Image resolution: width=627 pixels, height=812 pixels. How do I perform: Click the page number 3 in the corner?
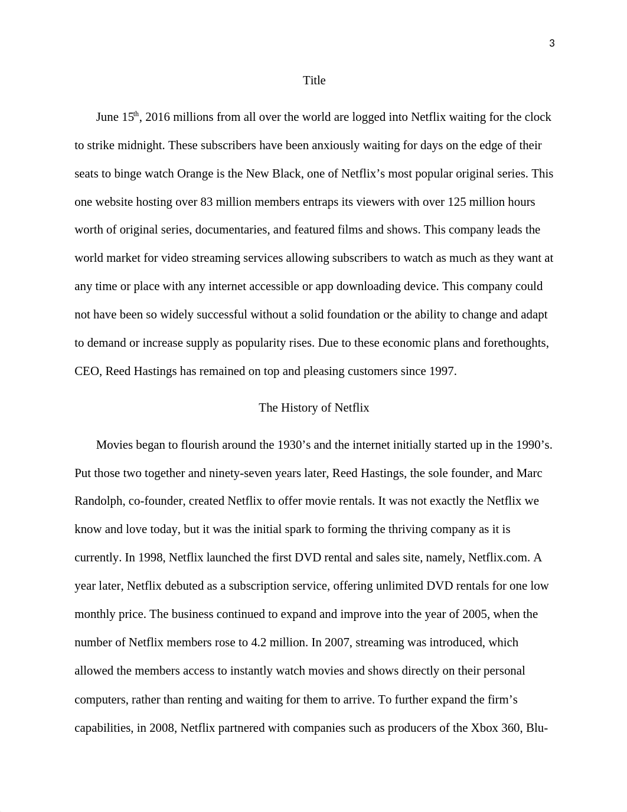551,43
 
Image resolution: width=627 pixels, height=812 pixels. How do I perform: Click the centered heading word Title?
314,80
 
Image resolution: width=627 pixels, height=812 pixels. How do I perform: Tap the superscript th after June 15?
136,114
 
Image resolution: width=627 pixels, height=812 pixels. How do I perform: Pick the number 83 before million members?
207,202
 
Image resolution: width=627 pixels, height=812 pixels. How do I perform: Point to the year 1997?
442,371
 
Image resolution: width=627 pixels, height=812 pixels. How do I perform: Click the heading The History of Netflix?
314,407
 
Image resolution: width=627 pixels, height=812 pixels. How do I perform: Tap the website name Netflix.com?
498,557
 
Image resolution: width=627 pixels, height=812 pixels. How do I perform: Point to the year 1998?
150,557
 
